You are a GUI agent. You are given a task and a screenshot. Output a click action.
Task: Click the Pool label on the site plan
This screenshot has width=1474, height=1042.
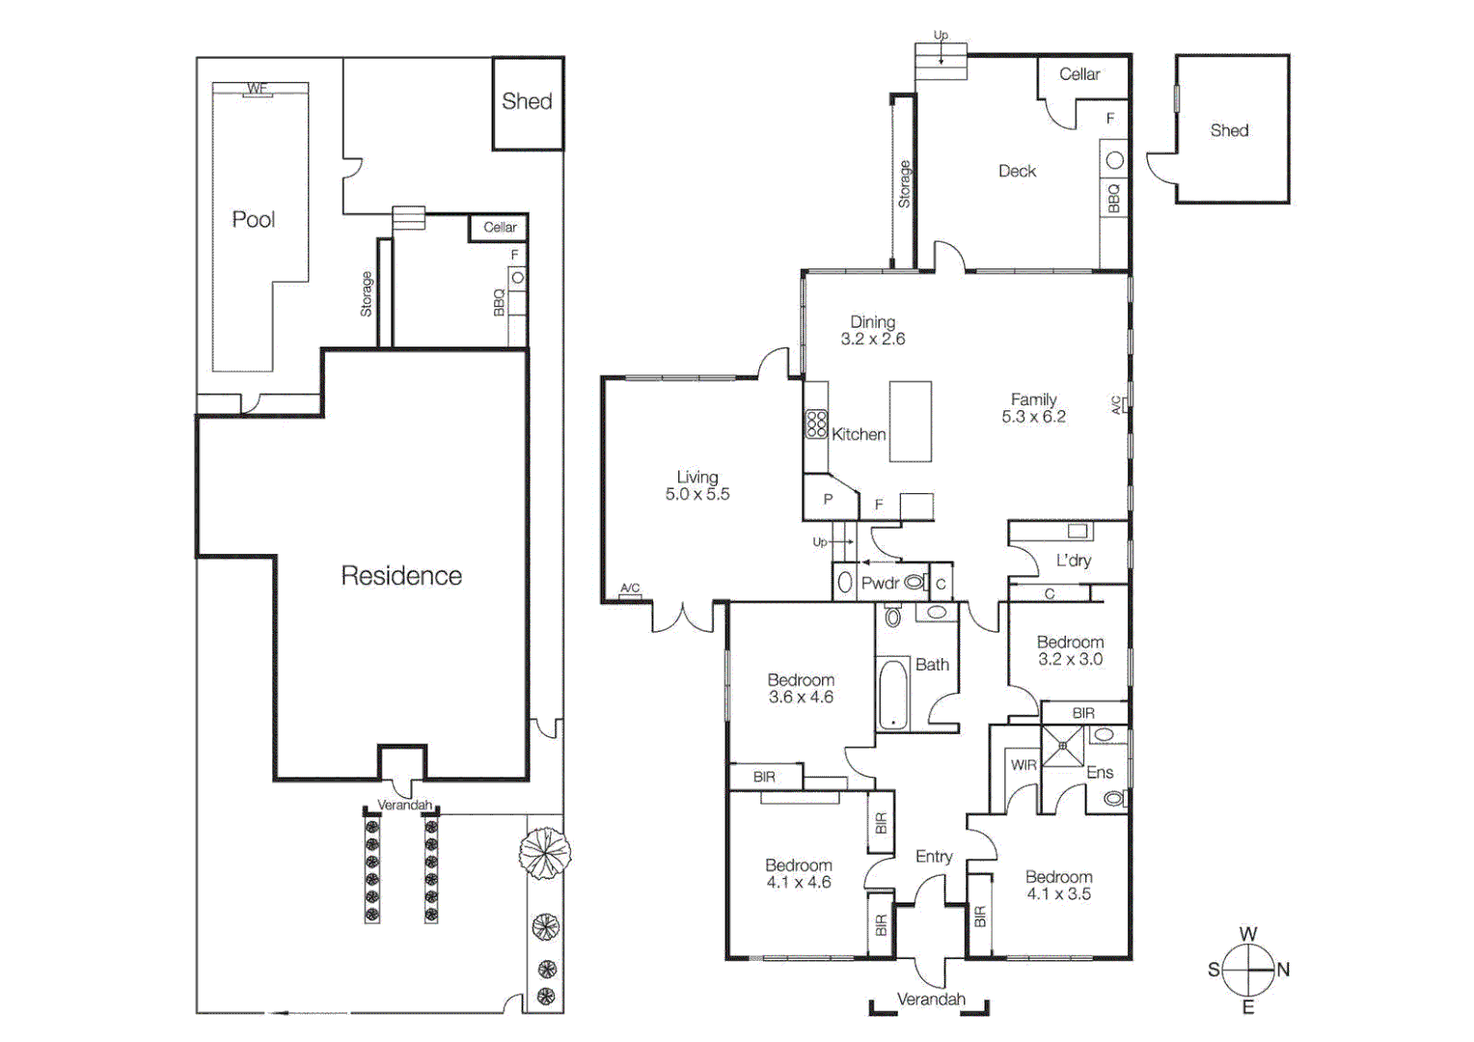point(254,220)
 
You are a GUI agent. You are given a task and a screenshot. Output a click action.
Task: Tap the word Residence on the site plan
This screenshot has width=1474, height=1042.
point(401,576)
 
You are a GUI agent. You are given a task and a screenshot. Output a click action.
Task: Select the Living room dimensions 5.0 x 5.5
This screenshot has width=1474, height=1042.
point(697,494)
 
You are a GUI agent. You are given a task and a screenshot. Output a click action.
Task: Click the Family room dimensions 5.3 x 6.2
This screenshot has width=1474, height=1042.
point(1033,417)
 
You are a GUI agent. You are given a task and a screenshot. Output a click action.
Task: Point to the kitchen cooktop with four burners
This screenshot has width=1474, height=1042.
point(816,425)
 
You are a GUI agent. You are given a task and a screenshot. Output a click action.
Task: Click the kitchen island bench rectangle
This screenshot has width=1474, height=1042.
point(911,422)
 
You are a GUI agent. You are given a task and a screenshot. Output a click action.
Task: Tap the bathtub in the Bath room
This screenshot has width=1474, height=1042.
point(893,694)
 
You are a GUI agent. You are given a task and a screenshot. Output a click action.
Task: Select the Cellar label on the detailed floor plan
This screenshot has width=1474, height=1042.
point(1078,74)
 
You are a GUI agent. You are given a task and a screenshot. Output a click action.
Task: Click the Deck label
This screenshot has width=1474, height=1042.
point(1017,171)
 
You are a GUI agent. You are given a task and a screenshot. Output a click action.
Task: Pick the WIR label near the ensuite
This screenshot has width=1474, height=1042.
point(1024,765)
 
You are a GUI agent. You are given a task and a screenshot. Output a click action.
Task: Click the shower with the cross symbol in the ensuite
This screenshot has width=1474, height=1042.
point(1063,746)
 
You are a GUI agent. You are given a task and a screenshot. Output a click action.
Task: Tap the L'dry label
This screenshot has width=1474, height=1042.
point(1073,561)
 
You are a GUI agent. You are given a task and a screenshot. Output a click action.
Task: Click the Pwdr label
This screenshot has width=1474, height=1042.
point(880,583)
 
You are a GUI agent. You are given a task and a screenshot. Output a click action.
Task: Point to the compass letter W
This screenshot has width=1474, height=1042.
point(1248,934)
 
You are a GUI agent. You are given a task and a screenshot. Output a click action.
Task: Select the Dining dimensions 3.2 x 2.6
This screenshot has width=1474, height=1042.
point(873,339)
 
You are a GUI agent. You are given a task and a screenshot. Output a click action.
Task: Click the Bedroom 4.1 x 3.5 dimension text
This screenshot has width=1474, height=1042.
point(1058,894)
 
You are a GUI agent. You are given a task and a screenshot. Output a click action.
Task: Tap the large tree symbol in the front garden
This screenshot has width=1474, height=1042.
point(544,853)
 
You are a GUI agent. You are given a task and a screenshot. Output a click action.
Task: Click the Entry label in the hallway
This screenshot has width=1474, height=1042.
point(934,856)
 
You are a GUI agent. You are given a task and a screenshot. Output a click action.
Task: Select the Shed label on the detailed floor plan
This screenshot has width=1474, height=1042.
point(1229,130)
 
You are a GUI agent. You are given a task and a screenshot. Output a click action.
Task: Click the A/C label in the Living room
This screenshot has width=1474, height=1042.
point(630,589)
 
